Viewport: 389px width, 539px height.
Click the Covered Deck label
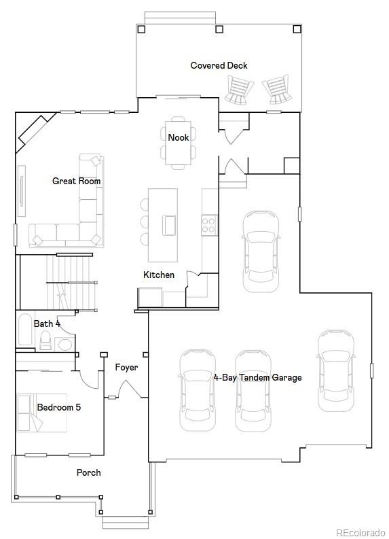[x=219, y=65]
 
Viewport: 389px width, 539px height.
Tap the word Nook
[x=178, y=137]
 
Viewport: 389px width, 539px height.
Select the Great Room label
[x=76, y=181]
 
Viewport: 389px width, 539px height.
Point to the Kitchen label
[x=159, y=275]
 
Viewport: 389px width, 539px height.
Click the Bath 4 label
[x=47, y=324]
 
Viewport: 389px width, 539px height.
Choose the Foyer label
[x=126, y=368]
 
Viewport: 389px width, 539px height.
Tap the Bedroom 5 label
[x=59, y=407]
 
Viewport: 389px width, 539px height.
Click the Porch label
[x=88, y=472]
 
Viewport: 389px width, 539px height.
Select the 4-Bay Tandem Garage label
[x=257, y=377]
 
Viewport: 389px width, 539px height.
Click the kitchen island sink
[x=169, y=225]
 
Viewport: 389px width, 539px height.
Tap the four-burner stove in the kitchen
[x=209, y=225]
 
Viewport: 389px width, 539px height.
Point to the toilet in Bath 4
[x=45, y=340]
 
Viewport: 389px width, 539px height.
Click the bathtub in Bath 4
[x=24, y=329]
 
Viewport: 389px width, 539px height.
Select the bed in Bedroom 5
[x=42, y=413]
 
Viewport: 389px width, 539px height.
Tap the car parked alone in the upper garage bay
[x=260, y=251]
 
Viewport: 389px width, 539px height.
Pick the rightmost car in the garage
[x=335, y=370]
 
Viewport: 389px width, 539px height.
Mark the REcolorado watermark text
[x=361, y=532]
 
